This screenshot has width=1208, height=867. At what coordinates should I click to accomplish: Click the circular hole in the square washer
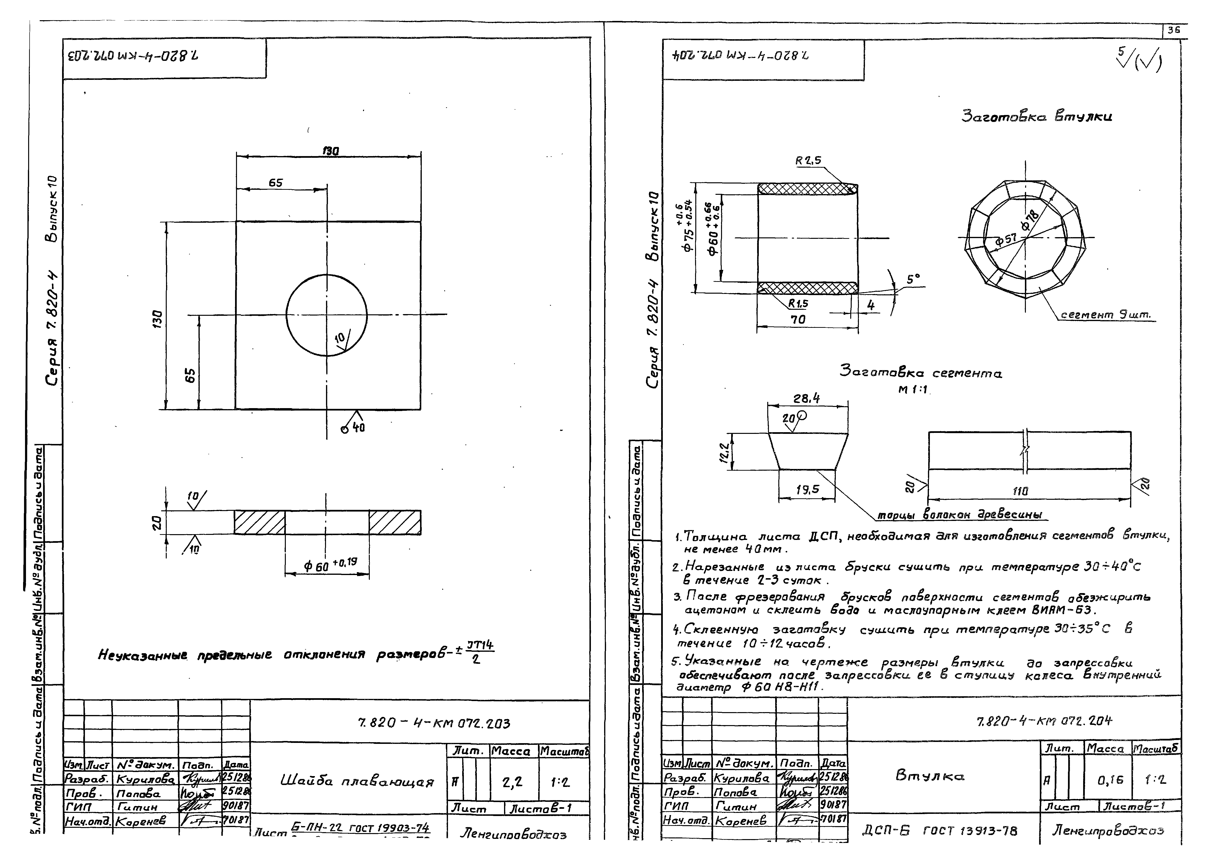point(326,315)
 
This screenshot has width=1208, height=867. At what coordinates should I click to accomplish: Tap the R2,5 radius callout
point(808,160)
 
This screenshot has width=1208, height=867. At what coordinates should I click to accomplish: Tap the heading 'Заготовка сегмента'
point(920,373)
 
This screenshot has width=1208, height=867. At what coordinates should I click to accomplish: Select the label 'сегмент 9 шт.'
point(1105,315)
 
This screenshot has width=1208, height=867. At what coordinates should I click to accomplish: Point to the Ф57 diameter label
point(1006,241)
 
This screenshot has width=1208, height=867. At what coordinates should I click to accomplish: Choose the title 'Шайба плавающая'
point(357,781)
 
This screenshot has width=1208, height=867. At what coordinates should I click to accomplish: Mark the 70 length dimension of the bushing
point(797,320)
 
